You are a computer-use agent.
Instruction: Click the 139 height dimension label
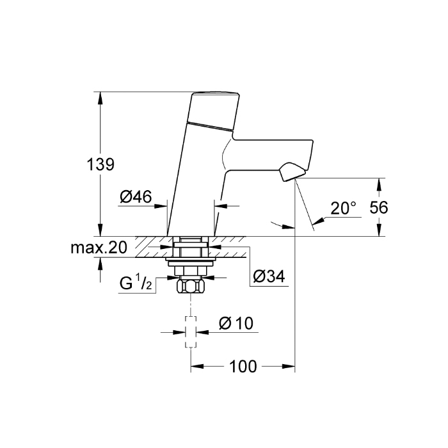point(100,164)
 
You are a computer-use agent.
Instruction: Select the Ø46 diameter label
point(136,197)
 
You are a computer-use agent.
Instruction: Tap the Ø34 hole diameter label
point(269,276)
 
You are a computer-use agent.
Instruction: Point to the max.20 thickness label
point(99,248)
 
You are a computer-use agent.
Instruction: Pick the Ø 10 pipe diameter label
point(236,323)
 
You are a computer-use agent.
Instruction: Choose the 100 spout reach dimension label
point(243,366)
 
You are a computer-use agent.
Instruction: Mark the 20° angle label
point(344,208)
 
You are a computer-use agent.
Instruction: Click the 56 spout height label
point(379,207)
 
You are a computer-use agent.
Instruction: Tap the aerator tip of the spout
point(292,172)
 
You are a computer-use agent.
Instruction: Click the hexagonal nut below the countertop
point(191,286)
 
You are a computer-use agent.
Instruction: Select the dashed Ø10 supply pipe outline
point(191,332)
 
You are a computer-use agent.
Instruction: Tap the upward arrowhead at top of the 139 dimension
point(100,98)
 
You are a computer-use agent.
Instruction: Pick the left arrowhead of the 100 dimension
point(197,366)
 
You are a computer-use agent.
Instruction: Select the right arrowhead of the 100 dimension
point(289,366)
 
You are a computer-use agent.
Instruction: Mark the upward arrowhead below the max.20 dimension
point(100,264)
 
